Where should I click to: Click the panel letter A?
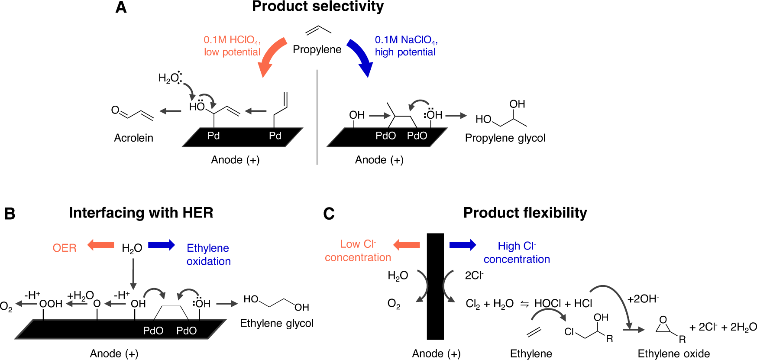[x=121, y=7]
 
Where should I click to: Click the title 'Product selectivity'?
[x=317, y=6]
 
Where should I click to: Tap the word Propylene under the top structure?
[x=317, y=49]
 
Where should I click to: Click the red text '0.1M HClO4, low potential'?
[x=232, y=46]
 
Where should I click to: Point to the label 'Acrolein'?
[x=133, y=138]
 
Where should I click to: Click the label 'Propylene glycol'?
[x=505, y=138]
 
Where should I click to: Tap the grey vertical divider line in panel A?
[x=317, y=117]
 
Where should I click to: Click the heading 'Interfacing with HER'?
[x=141, y=213]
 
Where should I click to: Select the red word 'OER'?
[x=65, y=248]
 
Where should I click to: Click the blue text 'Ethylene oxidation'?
[x=208, y=254]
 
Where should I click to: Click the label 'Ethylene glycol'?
[x=277, y=323]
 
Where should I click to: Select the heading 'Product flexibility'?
[x=525, y=213]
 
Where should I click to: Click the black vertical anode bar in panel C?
[x=435, y=286]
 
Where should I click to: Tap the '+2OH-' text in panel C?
[x=643, y=299]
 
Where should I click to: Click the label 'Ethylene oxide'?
[x=673, y=354]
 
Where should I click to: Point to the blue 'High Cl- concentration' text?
[x=517, y=253]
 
